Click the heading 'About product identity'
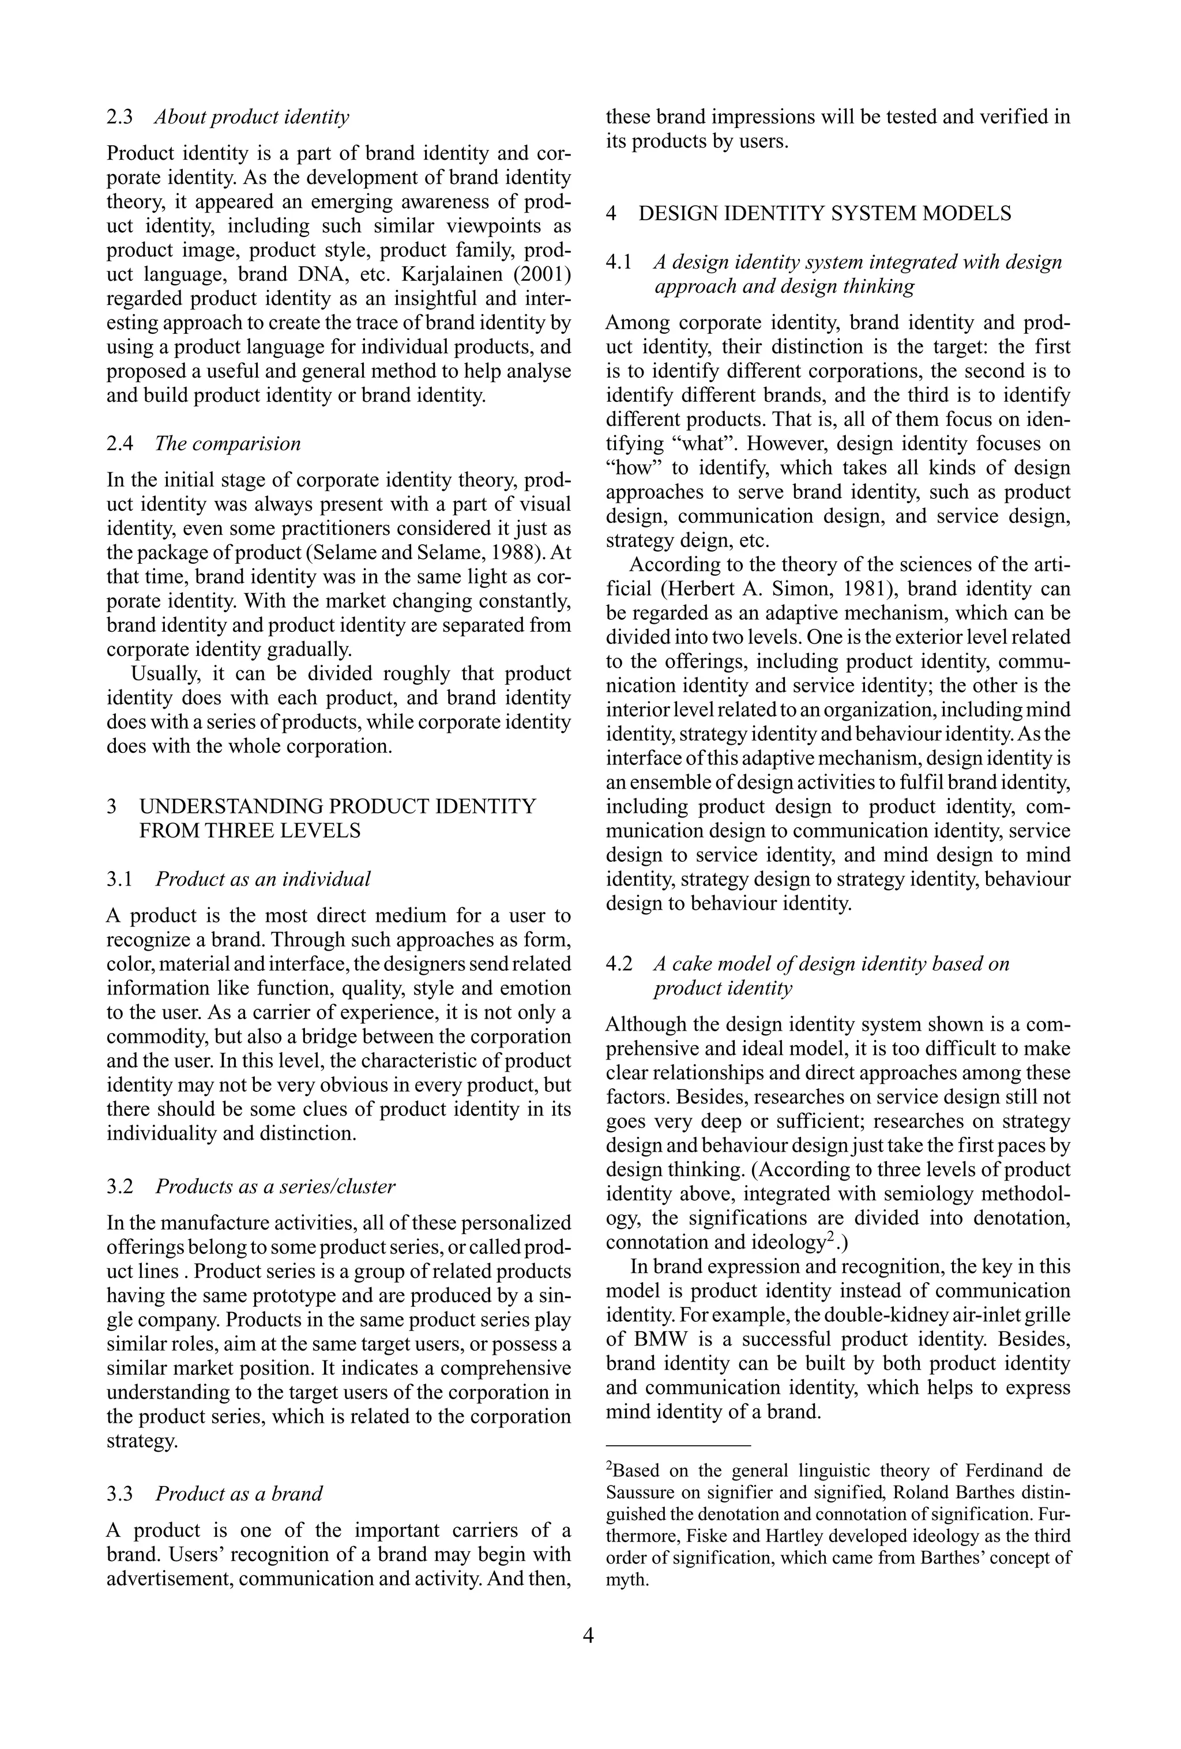coord(252,118)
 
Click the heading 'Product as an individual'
coord(263,879)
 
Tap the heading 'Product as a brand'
coord(239,1494)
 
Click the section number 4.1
coord(619,263)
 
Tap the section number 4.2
coord(619,965)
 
